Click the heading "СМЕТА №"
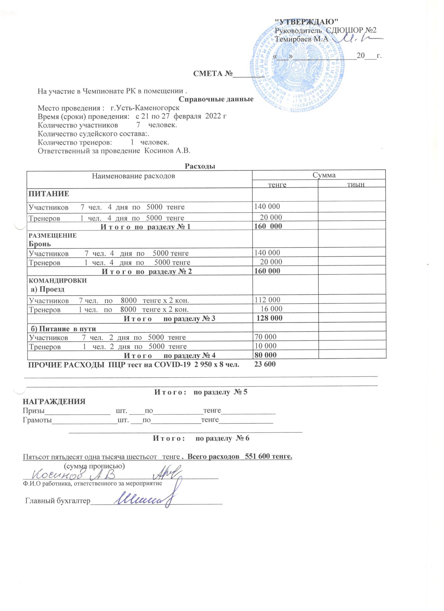[x=213, y=73]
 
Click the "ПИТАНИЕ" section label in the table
[x=49, y=193]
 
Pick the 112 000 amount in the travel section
[x=267, y=300]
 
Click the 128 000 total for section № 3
[x=270, y=318]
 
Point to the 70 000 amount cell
[x=265, y=337]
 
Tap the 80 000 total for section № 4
[x=265, y=355]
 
